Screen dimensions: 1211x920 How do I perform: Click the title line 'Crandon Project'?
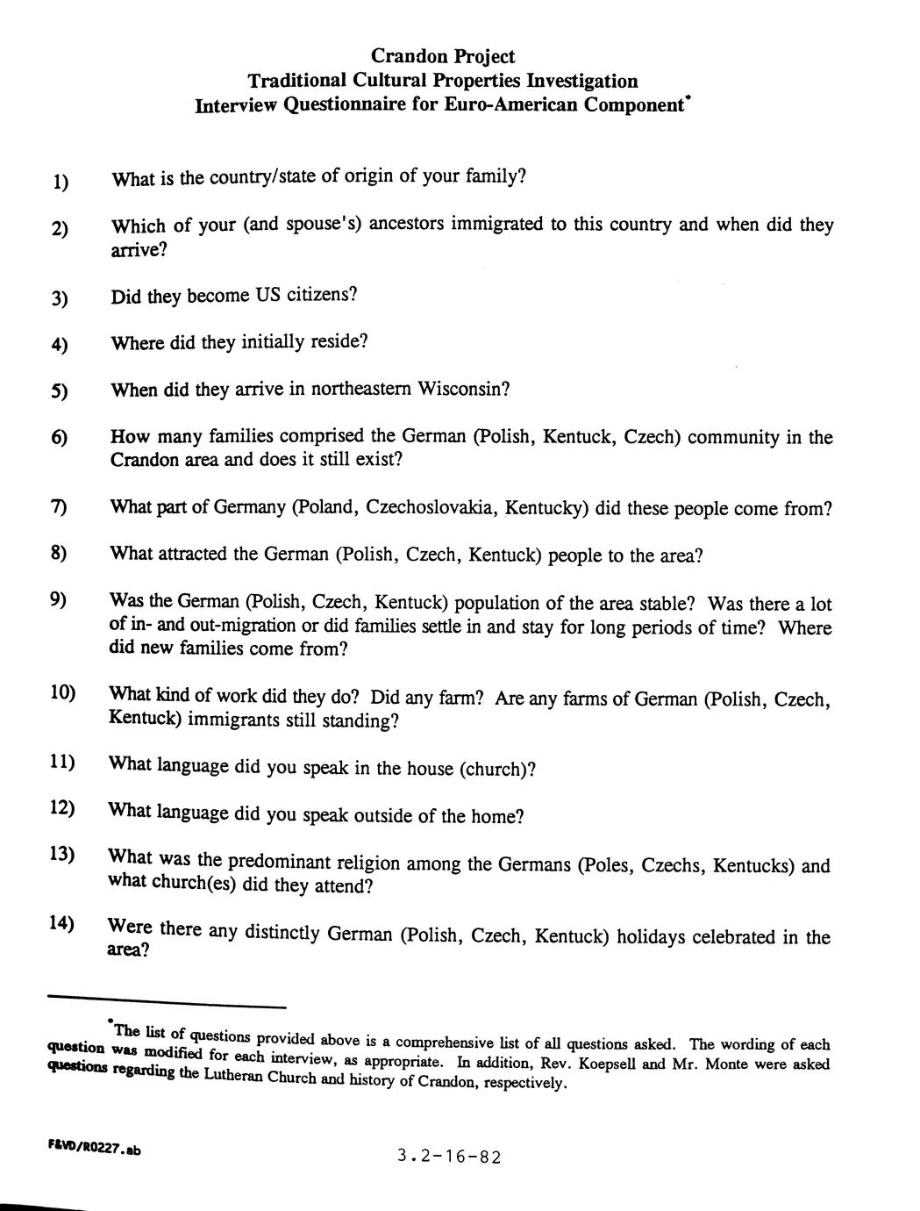(x=443, y=56)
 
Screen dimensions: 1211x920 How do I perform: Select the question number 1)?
(x=61, y=182)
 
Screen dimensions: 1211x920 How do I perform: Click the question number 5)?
(x=60, y=390)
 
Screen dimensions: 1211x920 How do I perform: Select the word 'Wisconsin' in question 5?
(x=462, y=389)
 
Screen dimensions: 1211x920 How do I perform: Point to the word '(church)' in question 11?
(x=496, y=770)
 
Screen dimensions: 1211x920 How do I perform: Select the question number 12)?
(x=62, y=806)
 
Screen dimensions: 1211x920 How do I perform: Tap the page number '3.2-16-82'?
(x=448, y=1156)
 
